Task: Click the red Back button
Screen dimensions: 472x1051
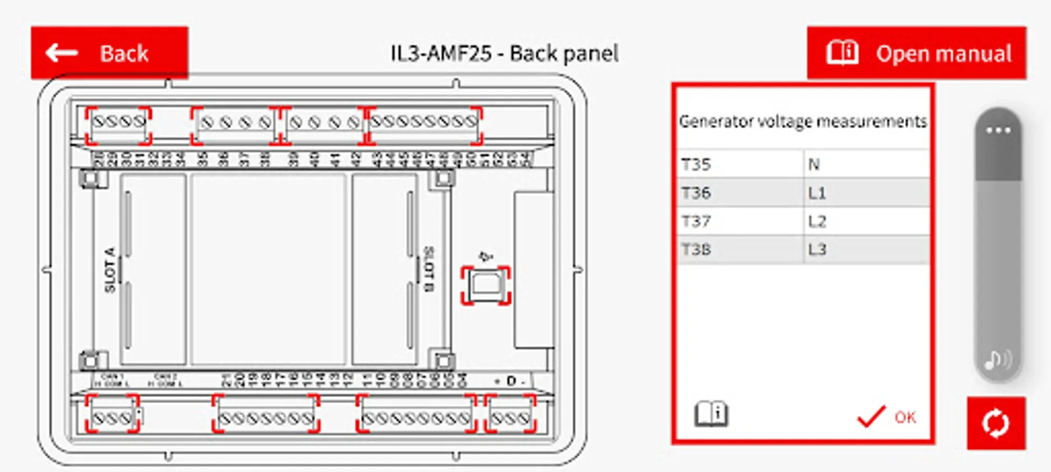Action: (109, 53)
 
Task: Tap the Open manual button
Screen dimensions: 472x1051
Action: (916, 53)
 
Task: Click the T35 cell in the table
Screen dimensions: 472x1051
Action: (739, 165)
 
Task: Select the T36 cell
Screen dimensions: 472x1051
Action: (739, 193)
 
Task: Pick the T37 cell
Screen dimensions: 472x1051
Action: (739, 221)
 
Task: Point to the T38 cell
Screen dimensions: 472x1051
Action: (739, 250)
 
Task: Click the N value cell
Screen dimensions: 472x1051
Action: (866, 165)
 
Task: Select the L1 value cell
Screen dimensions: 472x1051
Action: (866, 193)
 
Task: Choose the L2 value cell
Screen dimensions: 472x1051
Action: (866, 221)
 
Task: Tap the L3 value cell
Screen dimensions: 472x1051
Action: (866, 250)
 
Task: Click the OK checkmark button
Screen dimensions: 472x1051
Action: (887, 417)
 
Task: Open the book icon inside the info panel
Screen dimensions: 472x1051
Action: (711, 414)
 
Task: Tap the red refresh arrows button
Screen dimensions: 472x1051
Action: (996, 423)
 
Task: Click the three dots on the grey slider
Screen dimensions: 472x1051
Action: (998, 131)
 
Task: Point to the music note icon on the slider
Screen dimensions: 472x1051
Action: (997, 360)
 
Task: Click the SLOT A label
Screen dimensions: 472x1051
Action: (110, 270)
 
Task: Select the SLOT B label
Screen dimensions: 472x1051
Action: (429, 269)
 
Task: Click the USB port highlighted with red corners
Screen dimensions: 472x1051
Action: (486, 285)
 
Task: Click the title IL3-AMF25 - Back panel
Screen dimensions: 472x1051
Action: (504, 53)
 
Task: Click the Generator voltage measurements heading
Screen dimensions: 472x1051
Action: (803, 122)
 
